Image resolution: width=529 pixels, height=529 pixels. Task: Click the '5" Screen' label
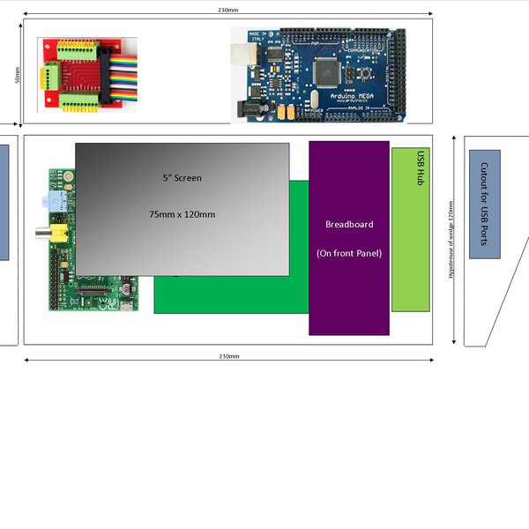(182, 178)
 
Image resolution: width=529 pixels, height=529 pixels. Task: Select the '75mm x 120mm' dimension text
(182, 214)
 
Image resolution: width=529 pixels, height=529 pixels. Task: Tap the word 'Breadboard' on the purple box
(348, 224)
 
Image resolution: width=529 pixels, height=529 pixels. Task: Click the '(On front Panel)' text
(348, 254)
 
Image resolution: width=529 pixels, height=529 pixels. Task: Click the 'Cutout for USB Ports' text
(484, 204)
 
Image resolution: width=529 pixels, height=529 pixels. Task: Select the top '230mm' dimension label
(227, 10)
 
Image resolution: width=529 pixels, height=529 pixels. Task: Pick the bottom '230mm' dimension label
(227, 355)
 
